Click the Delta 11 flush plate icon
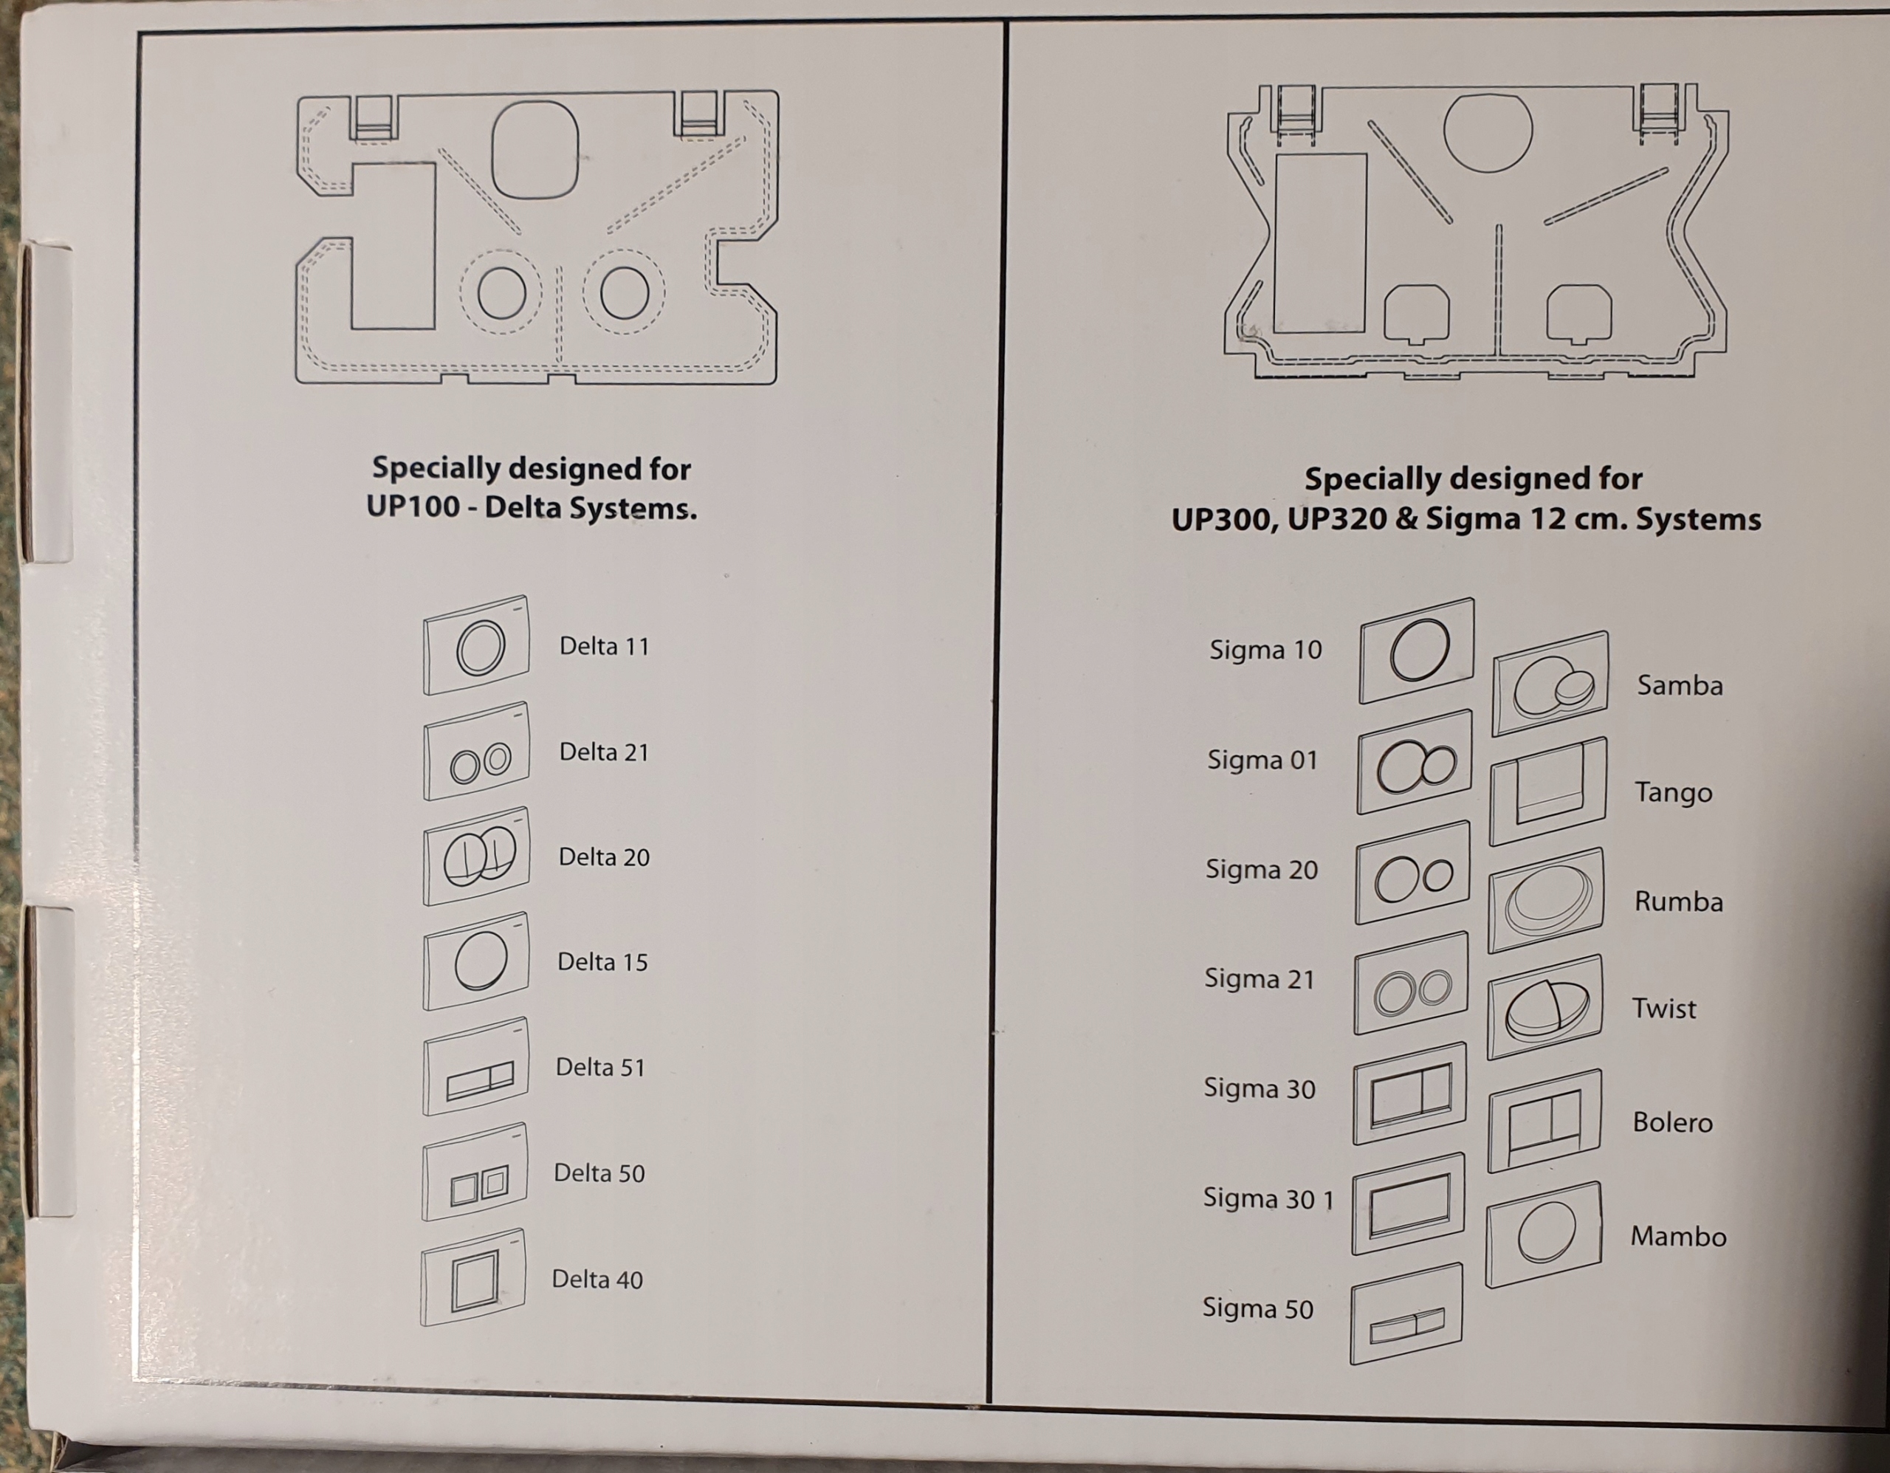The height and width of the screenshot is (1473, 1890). pos(476,645)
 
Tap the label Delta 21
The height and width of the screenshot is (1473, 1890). pos(604,752)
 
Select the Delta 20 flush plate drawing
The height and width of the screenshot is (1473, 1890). pos(476,856)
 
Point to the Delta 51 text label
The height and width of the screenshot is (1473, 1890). pos(600,1067)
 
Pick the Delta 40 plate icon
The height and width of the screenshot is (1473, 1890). pos(473,1278)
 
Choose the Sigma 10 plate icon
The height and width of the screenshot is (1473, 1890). pos(1417,650)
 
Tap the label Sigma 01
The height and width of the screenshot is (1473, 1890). pos(1262,760)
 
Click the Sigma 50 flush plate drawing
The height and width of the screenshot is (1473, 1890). pos(1407,1314)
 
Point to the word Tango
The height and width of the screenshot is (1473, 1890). pos(1673,793)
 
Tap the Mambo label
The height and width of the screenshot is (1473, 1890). pos(1678,1237)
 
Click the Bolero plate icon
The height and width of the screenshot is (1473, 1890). pos(1544,1122)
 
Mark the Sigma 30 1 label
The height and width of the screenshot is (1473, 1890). pos(1268,1198)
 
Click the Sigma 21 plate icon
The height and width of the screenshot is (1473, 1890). pos(1412,984)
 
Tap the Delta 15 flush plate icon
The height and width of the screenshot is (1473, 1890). pos(476,961)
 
